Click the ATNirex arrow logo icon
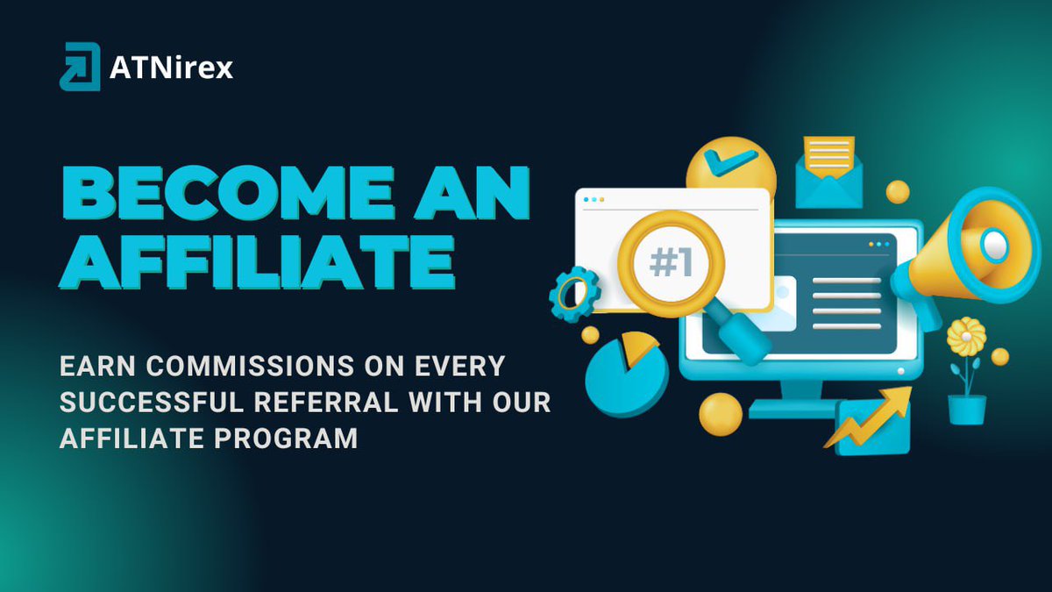click(x=80, y=67)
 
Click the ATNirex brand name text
click(x=172, y=68)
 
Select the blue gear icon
click(x=574, y=294)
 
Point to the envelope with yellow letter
click(x=828, y=171)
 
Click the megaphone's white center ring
click(x=994, y=245)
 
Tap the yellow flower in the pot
click(x=966, y=336)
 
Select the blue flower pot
click(x=966, y=409)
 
